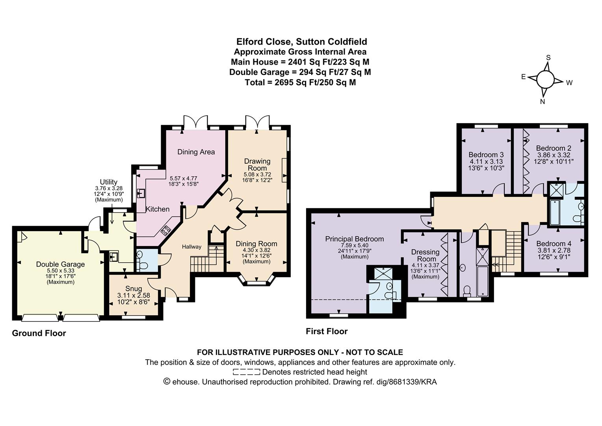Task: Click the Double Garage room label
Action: coord(60,264)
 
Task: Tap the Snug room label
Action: coord(134,289)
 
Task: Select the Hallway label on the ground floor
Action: coord(191,247)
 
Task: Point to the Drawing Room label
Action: coord(257,164)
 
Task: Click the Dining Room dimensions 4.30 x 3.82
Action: coord(256,250)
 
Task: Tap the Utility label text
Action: coord(109,182)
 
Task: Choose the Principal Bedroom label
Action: coord(354,239)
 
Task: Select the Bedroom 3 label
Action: coord(486,155)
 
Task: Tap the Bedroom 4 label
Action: coord(554,244)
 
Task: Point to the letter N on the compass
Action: coord(542,101)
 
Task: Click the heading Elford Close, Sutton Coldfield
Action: coord(301,42)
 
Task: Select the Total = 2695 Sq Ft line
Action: coord(300,82)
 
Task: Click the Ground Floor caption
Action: coord(39,333)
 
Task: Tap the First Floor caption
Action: coord(327,331)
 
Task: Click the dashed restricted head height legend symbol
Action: coord(246,372)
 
